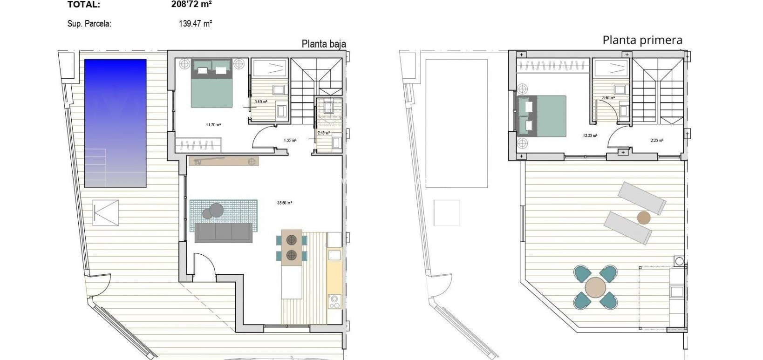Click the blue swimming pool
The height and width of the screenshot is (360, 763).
pos(115,123)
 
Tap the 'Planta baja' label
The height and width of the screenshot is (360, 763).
pos(324,44)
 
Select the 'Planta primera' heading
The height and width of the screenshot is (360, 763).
pos(642,40)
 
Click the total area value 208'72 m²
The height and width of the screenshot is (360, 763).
pos(191,5)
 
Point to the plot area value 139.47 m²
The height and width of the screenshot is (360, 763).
pos(196,23)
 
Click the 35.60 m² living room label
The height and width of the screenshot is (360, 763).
pos(284,203)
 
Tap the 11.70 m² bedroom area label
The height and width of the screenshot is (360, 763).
pos(213,124)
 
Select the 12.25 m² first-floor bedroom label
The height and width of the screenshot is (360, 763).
pos(590,136)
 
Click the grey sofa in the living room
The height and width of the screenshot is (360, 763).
pos(224,233)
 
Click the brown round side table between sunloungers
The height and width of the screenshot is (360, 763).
pos(643,217)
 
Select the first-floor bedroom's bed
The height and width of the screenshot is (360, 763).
pos(542,116)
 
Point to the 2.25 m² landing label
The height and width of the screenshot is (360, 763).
pos(657,140)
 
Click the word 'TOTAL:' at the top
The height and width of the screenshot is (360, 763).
pos(83,5)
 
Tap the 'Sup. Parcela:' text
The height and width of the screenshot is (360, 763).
pos(89,24)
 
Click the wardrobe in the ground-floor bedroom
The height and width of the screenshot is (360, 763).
pos(198,143)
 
